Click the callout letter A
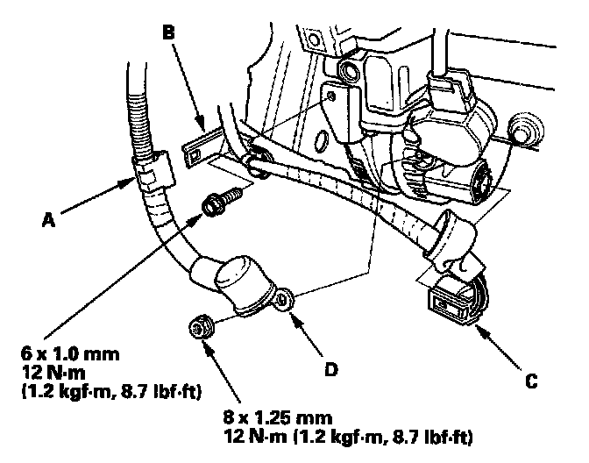click(48, 219)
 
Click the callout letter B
click(168, 32)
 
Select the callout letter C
click(531, 381)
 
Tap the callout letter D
click(331, 370)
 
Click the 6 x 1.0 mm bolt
click(223, 202)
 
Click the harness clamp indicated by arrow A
click(153, 171)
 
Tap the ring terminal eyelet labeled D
click(284, 298)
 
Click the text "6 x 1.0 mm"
click(70, 354)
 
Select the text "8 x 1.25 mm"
click(278, 417)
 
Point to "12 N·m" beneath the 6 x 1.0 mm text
click(53, 373)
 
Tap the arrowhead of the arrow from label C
click(480, 331)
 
